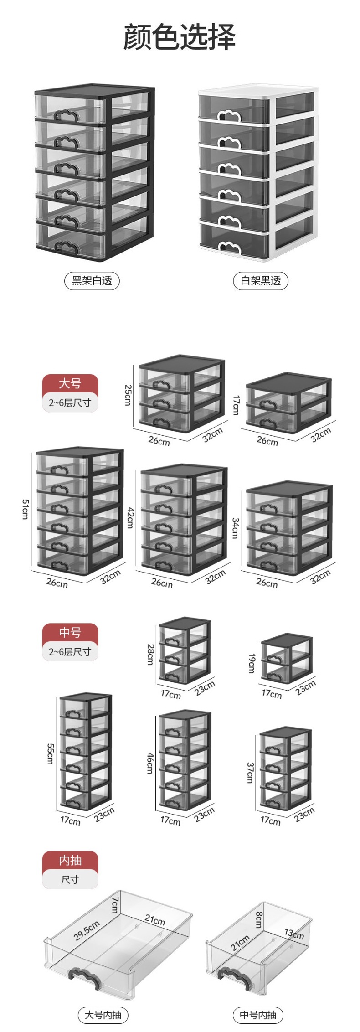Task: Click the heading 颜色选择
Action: click(180, 37)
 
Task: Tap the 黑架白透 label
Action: click(92, 280)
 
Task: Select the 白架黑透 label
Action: click(261, 280)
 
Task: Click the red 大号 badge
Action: click(70, 383)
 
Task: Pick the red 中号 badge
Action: click(70, 632)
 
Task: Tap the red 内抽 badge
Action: click(70, 860)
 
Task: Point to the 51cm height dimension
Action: click(25, 509)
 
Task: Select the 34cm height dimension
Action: click(236, 528)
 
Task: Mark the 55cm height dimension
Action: click(50, 753)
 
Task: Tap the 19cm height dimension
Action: click(251, 663)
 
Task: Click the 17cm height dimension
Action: click(236, 405)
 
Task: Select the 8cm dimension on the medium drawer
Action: click(258, 919)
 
